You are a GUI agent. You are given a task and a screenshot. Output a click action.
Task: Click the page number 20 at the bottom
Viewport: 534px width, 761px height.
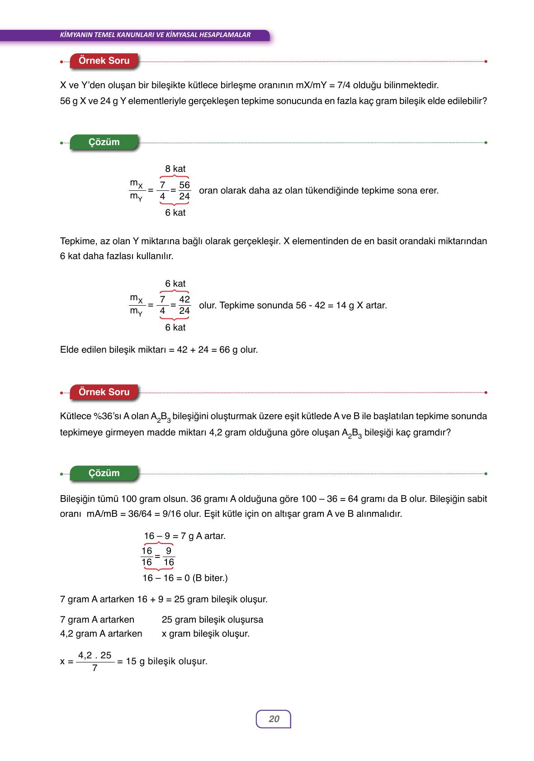[x=274, y=719]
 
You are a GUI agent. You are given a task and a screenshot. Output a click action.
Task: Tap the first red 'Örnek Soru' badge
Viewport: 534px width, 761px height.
[x=104, y=61]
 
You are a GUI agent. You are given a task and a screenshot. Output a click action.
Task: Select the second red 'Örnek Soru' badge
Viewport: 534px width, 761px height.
[x=104, y=392]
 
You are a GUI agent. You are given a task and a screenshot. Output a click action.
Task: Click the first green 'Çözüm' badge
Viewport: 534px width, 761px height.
[x=104, y=142]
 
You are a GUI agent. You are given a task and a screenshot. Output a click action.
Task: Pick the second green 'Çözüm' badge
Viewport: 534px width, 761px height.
[x=104, y=473]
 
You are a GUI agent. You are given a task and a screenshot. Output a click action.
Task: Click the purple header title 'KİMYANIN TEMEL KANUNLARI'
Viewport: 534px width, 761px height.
[x=155, y=35]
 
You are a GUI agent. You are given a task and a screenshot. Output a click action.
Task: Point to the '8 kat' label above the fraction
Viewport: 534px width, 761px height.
[x=175, y=169]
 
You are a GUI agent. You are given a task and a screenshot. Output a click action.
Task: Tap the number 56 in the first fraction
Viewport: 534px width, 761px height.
[x=184, y=185]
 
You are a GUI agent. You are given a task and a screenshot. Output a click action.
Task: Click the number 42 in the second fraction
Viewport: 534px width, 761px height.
[x=184, y=299]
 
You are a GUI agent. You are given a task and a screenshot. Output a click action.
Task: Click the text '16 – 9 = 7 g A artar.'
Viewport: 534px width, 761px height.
[x=184, y=536]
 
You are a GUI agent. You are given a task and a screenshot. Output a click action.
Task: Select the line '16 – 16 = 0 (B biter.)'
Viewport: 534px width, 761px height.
[x=185, y=578]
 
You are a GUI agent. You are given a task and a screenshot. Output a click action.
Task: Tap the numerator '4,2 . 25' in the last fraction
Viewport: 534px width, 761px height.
[x=95, y=655]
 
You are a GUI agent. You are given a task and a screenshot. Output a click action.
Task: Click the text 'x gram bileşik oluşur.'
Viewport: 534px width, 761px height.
[x=206, y=633]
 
